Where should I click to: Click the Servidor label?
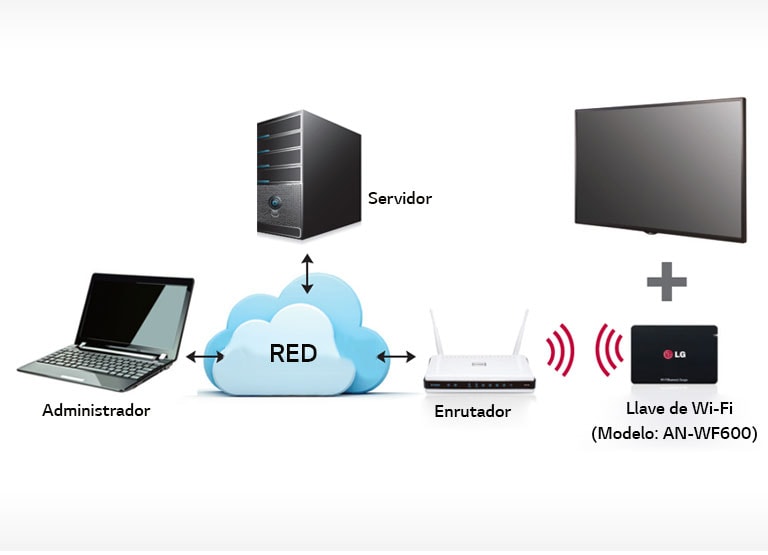[399, 198]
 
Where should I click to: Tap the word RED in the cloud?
[293, 353]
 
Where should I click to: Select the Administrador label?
[96, 411]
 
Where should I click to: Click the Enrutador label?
[473, 411]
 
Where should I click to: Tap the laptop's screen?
[136, 309]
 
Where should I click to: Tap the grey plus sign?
[666, 281]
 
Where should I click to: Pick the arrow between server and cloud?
[307, 273]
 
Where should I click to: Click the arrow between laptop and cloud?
[205, 356]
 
